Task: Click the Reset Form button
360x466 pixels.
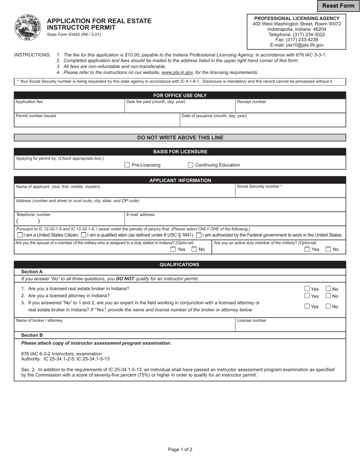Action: coord(338,6)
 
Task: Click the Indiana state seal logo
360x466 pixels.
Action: coord(28,27)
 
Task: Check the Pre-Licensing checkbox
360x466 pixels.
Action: coord(127,165)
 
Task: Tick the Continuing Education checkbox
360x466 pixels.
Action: coord(191,165)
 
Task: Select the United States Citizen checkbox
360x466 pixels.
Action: coord(20,235)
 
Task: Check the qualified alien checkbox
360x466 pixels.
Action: coord(83,235)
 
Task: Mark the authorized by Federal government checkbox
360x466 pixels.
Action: coord(199,235)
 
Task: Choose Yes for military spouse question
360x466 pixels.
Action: coord(173,249)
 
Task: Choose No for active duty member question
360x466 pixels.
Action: coord(328,249)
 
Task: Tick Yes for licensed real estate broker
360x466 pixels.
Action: coord(307,289)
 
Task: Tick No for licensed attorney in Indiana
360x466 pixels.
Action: coord(329,296)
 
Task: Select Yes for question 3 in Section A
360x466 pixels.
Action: coord(307,306)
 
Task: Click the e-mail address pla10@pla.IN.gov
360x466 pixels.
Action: coord(297,45)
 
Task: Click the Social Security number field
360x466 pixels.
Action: coord(290,192)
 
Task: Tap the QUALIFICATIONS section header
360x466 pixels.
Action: coord(180,264)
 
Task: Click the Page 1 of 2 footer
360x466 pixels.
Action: coord(180,450)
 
